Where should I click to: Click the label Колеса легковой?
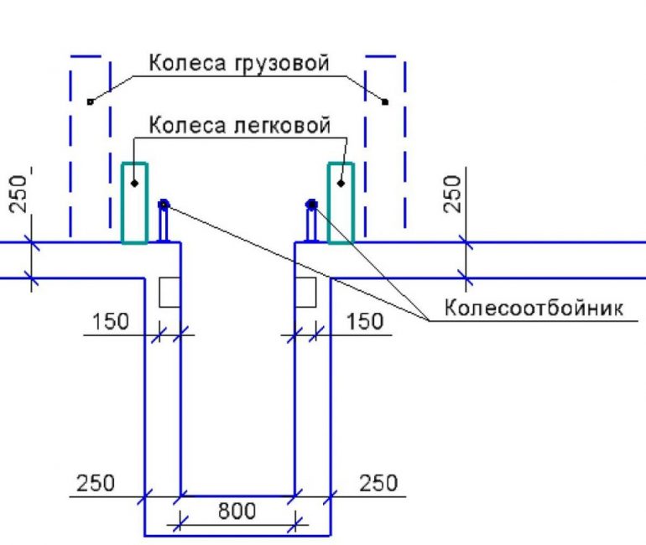coord(239,126)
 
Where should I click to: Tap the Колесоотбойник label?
coord(534,308)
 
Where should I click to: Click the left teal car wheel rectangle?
coord(134,203)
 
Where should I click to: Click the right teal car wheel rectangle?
coord(341,203)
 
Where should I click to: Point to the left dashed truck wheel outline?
coord(90,147)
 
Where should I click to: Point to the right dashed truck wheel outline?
coord(386,147)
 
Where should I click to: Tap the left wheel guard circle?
coord(164,204)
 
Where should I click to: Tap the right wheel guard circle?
coord(312,204)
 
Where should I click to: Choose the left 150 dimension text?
coord(111,321)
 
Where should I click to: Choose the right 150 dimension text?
coord(364,321)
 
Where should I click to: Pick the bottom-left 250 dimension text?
coord(96,484)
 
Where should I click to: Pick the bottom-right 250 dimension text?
coord(378,484)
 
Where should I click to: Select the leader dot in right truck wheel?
coord(386,102)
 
